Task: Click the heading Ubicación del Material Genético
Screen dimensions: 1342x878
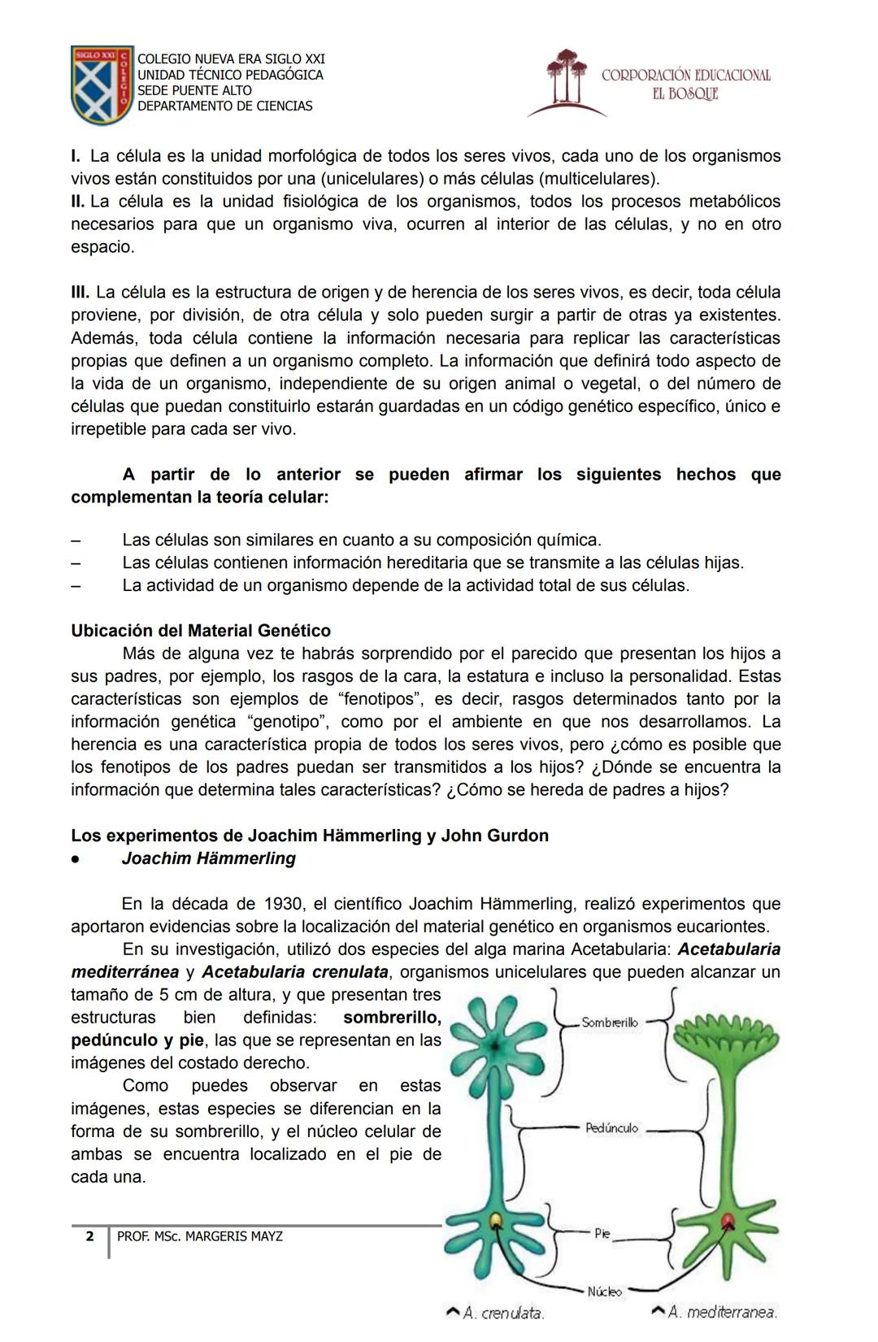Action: click(x=201, y=631)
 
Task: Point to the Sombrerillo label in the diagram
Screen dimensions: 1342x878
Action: click(x=610, y=1023)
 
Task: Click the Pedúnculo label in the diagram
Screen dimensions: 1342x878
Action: click(x=612, y=1128)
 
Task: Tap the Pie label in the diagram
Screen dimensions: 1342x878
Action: click(x=602, y=1233)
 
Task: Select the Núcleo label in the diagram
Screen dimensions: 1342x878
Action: click(x=604, y=1291)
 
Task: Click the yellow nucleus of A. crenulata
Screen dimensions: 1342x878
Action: click(x=496, y=1220)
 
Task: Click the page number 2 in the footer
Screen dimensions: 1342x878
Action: click(x=89, y=1236)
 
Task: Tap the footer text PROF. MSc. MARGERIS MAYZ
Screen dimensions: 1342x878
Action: click(x=200, y=1236)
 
